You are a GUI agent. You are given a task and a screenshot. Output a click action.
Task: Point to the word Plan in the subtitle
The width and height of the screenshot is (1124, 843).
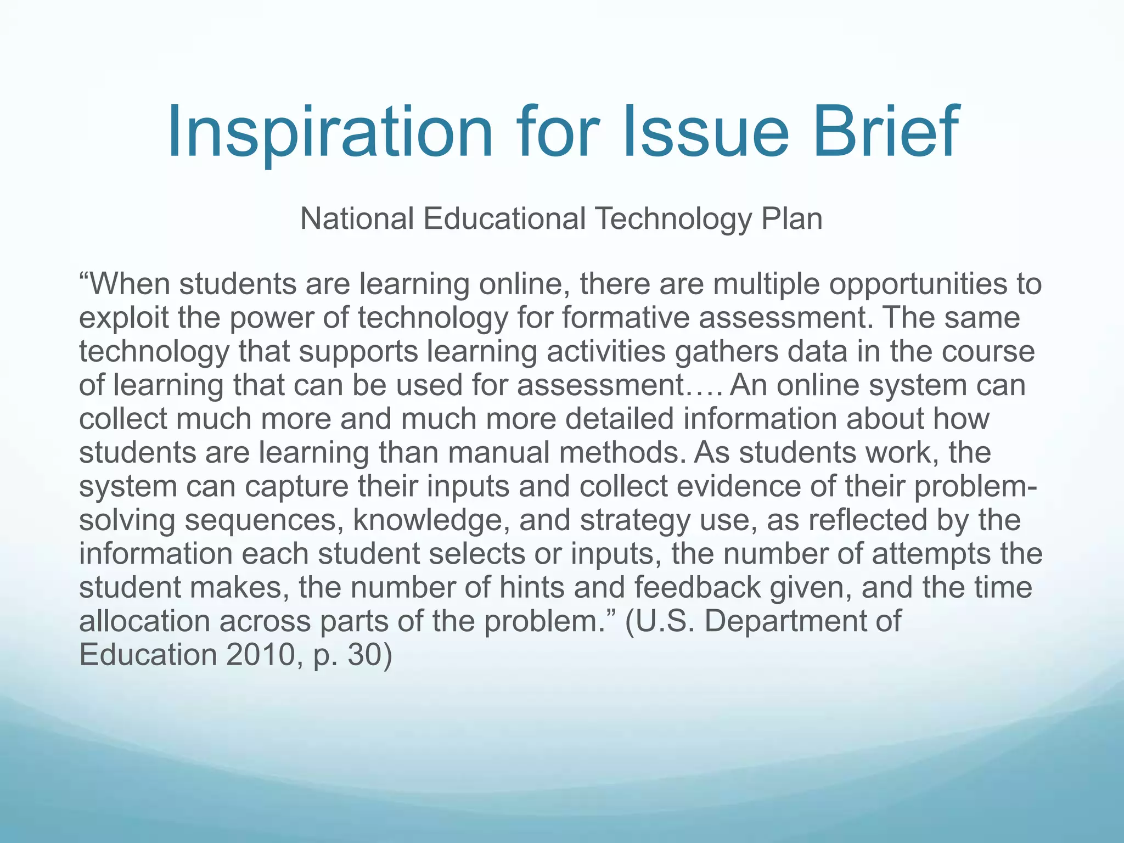coord(791,218)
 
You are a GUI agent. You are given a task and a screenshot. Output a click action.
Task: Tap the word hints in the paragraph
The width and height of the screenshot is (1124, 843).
coord(532,587)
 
